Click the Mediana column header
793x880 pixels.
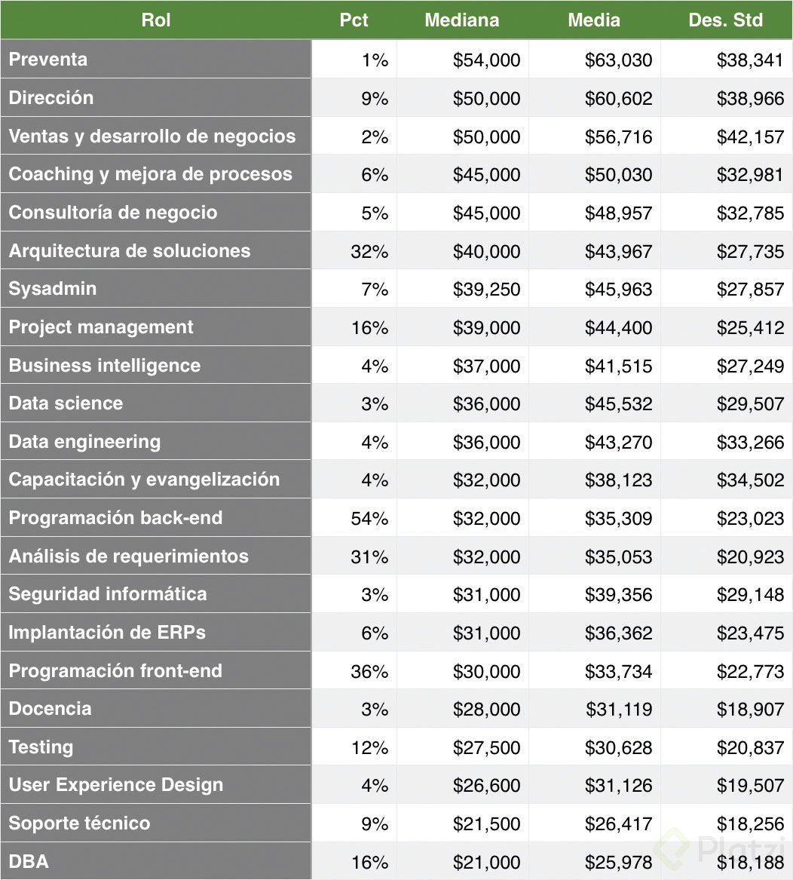tap(461, 20)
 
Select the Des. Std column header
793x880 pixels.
tap(725, 20)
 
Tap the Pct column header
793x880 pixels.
tap(354, 20)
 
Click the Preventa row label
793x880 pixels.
tap(48, 60)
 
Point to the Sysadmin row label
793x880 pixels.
tap(53, 289)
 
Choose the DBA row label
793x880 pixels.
tap(29, 861)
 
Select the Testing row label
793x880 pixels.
tap(41, 747)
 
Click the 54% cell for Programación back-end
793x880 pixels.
tap(369, 518)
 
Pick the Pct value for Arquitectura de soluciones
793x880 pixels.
tap(369, 251)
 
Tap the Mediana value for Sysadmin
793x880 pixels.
tap(486, 290)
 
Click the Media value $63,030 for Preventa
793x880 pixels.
tap(618, 60)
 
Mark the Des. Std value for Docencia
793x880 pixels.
tap(750, 709)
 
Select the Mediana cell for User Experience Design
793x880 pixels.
tap(486, 785)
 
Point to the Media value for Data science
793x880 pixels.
tap(618, 403)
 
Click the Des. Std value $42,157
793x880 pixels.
tap(750, 136)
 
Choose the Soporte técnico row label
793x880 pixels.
tap(79, 823)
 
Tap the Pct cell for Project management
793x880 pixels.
tap(369, 327)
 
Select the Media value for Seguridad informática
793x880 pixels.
tap(618, 594)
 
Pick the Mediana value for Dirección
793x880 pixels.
tap(486, 98)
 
